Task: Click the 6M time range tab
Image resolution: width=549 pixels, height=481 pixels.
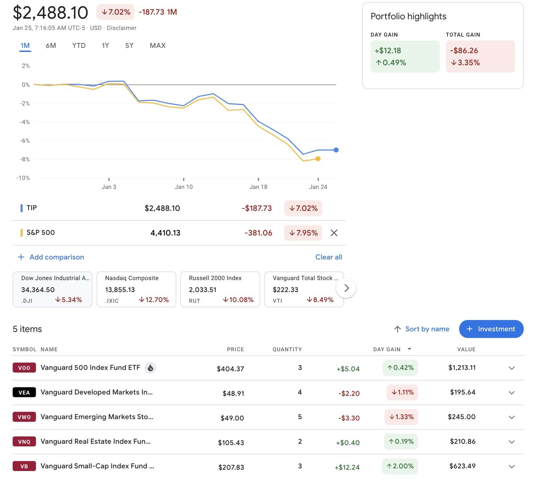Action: pyautogui.click(x=51, y=46)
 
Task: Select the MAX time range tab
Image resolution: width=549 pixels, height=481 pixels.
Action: pyautogui.click(x=157, y=46)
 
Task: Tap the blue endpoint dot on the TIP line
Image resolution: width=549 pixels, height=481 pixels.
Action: pyautogui.click(x=336, y=150)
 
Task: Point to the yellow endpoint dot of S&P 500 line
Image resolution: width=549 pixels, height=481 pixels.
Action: pyautogui.click(x=318, y=159)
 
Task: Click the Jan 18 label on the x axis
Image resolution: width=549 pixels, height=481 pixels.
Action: pyautogui.click(x=258, y=187)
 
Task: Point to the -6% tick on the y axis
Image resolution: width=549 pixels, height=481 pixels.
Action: pyautogui.click(x=25, y=141)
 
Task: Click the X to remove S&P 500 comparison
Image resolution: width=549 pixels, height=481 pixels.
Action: pyautogui.click(x=334, y=233)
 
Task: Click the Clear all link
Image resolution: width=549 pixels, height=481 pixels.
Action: pyautogui.click(x=328, y=257)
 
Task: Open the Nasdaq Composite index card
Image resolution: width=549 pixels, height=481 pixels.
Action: pyautogui.click(x=136, y=289)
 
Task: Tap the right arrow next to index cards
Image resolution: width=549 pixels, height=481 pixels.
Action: pyautogui.click(x=346, y=288)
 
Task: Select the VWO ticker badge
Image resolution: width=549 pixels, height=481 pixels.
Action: pyautogui.click(x=24, y=417)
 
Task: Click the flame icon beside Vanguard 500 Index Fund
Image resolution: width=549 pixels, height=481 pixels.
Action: pyautogui.click(x=150, y=368)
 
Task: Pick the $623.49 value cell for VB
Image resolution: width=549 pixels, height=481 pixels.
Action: pyautogui.click(x=462, y=466)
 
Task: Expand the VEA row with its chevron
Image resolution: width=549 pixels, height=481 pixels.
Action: pyautogui.click(x=512, y=393)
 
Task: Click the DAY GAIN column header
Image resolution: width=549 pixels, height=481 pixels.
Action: pyautogui.click(x=387, y=349)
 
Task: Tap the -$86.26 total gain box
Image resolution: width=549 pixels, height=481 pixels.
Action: pyautogui.click(x=480, y=57)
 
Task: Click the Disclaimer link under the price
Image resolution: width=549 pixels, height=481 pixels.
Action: pyautogui.click(x=121, y=28)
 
